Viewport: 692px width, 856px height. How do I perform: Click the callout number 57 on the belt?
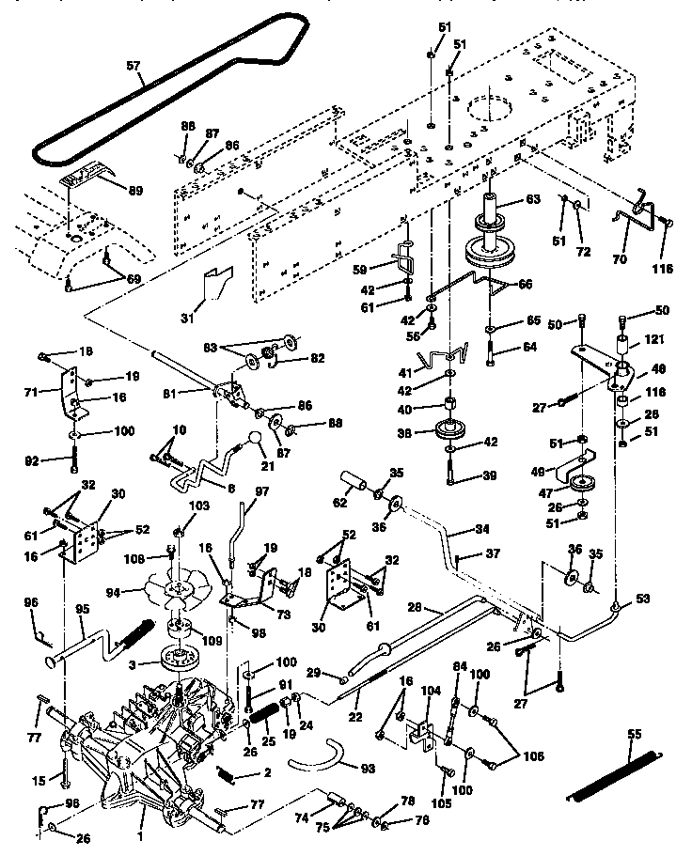pyautogui.click(x=134, y=67)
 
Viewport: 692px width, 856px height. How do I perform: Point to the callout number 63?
pyautogui.click(x=532, y=198)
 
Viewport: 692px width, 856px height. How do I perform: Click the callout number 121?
pyautogui.click(x=657, y=345)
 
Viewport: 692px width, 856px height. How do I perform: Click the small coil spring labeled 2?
pyautogui.click(x=226, y=773)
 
